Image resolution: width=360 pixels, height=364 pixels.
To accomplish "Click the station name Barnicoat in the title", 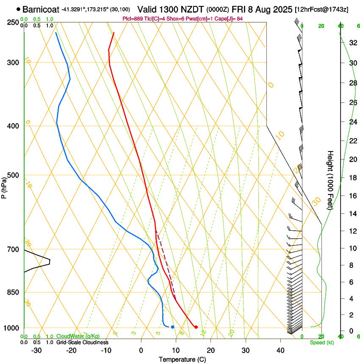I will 41,9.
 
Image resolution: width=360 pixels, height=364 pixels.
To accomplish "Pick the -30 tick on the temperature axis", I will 36,350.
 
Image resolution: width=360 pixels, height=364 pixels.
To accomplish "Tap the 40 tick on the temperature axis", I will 280,350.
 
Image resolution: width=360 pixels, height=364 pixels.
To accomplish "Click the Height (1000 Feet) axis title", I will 331,180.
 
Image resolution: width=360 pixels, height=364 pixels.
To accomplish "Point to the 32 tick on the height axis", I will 352,43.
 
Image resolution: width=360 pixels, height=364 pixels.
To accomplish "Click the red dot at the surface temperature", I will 196,327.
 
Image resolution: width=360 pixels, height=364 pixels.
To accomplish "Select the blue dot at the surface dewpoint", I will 172,327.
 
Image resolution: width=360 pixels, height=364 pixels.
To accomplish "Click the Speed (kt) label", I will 322,342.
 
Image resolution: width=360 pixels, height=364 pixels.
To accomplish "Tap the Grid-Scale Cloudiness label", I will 82,342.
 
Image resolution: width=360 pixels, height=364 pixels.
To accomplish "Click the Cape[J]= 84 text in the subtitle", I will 233,19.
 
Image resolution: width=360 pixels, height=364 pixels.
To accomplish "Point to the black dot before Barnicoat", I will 18,9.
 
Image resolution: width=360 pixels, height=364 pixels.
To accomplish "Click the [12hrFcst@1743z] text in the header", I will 321,9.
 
